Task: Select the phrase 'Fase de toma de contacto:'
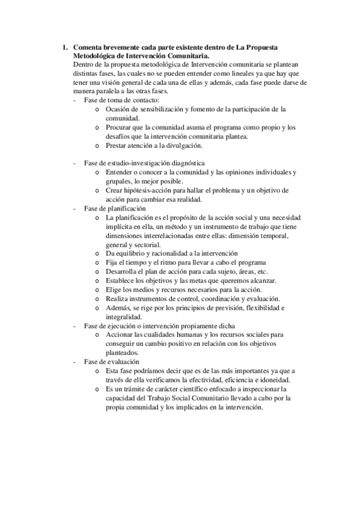(x=122, y=99)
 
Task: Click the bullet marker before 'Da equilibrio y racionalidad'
(x=97, y=253)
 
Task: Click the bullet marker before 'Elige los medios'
(x=97, y=289)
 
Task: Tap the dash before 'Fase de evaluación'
(x=74, y=361)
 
